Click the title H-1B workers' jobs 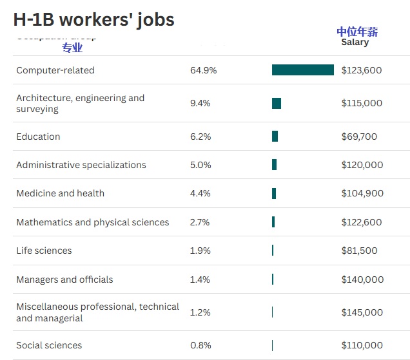click(x=93, y=19)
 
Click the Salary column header click(x=355, y=42)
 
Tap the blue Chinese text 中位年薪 click(x=357, y=32)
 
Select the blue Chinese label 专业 click(x=72, y=48)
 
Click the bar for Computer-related click(x=302, y=70)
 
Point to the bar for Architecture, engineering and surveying click(x=277, y=103)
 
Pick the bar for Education click(x=275, y=137)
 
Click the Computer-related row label click(x=55, y=70)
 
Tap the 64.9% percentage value click(x=203, y=70)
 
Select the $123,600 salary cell click(x=361, y=70)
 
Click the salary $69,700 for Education click(x=359, y=137)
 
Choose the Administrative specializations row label click(x=81, y=165)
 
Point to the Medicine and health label click(x=60, y=193)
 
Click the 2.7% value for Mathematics click(x=200, y=222)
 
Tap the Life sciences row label click(x=44, y=251)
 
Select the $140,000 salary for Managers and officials click(x=362, y=279)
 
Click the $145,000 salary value click(x=362, y=312)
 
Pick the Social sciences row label click(x=49, y=345)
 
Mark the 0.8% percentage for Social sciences click(x=200, y=345)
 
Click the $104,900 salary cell click(x=362, y=193)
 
